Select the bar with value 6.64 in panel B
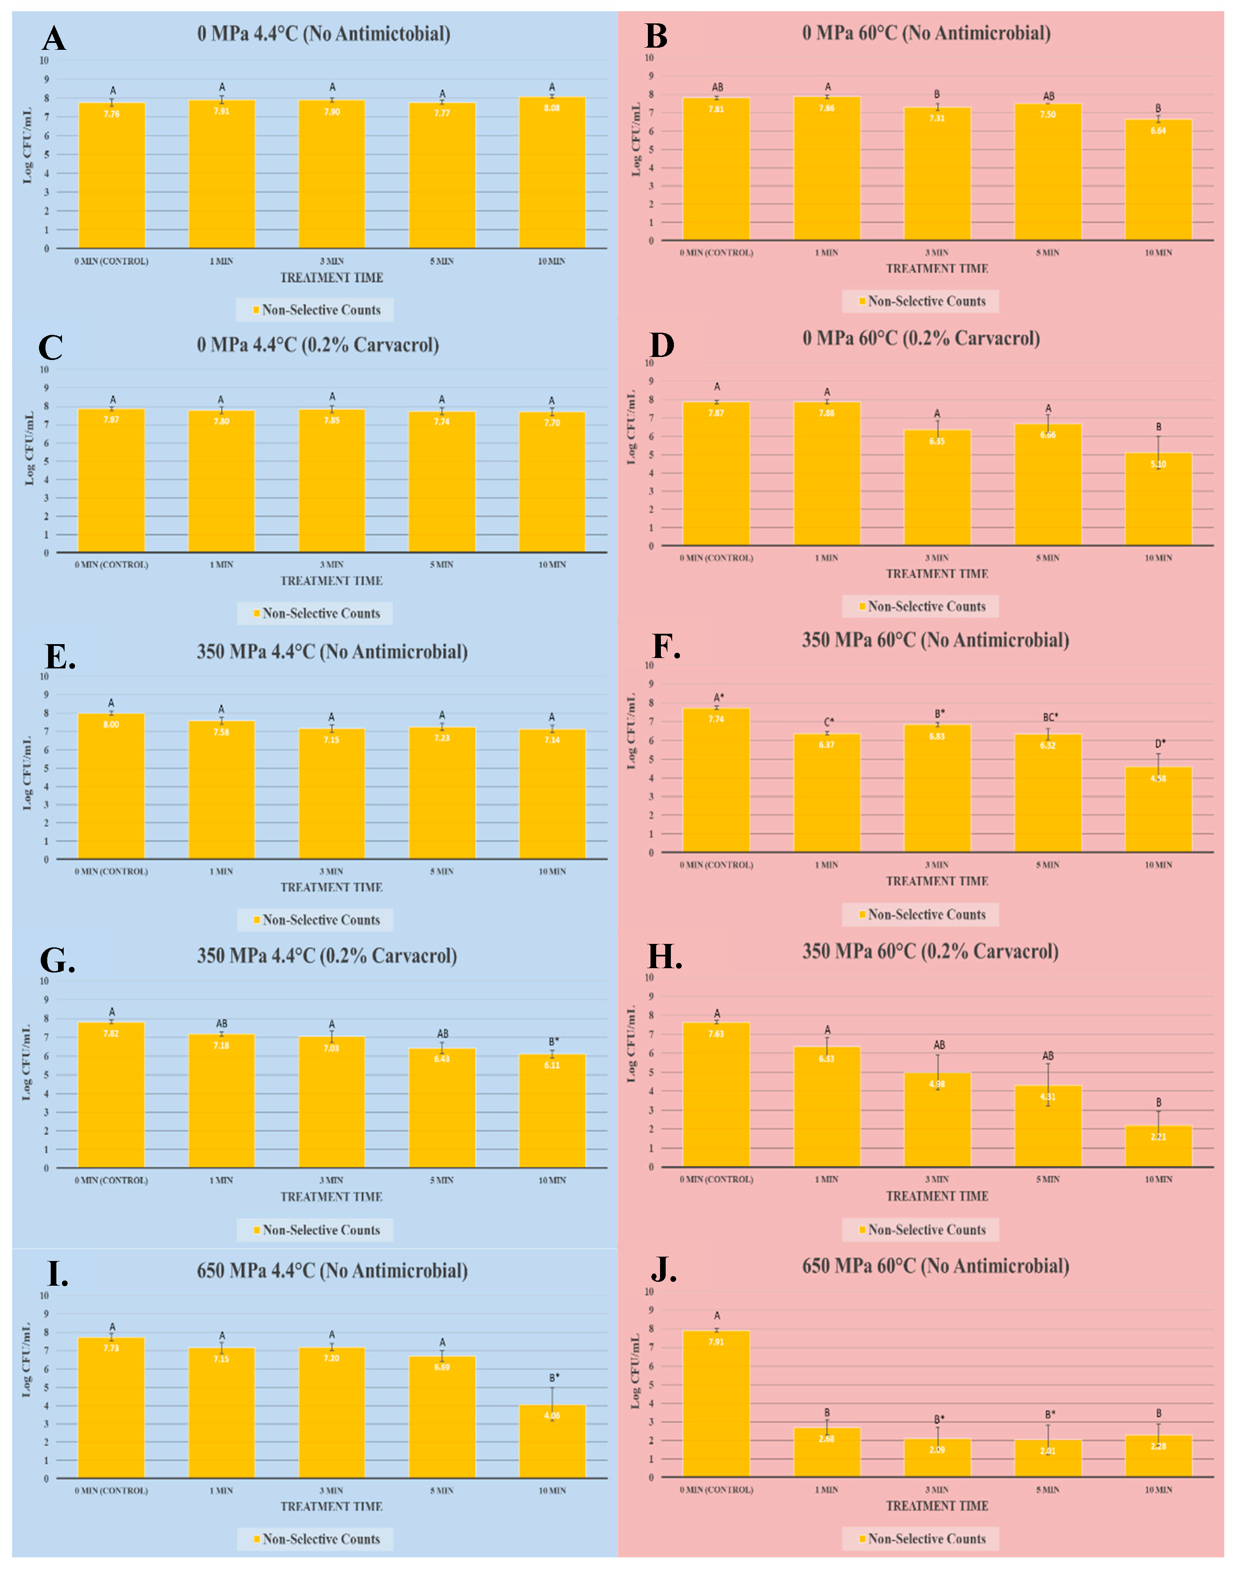coord(1158,180)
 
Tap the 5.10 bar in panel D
coord(1158,499)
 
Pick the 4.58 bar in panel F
coord(1158,810)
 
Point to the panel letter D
coord(661,345)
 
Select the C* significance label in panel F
coord(829,722)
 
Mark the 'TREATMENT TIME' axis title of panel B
coord(937,269)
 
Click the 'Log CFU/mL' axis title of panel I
coord(27,1360)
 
